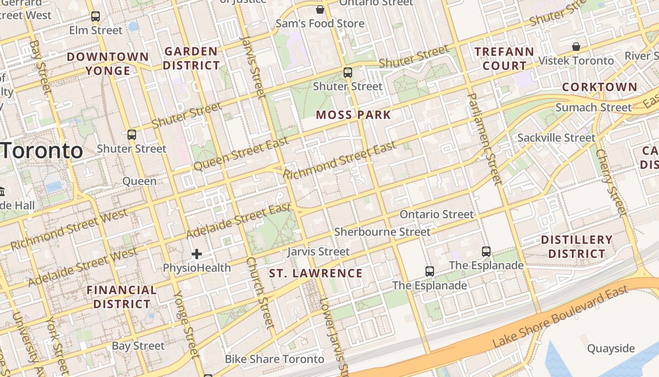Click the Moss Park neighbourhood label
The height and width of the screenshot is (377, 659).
point(354,115)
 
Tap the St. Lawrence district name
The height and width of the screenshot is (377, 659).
point(316,273)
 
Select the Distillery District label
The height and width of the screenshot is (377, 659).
point(577,246)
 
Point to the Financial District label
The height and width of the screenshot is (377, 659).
point(121,297)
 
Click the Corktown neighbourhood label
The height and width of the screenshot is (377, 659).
point(600,87)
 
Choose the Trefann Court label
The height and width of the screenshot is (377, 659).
point(504,58)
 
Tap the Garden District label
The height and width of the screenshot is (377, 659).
point(192,58)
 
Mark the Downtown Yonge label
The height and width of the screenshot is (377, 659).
point(108,64)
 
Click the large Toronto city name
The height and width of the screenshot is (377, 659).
point(41,151)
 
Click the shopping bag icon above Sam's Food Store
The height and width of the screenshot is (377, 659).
point(320,9)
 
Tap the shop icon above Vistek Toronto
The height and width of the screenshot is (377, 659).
point(576,47)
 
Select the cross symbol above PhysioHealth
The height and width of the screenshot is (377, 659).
point(197,254)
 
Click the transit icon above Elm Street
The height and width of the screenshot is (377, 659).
point(96,16)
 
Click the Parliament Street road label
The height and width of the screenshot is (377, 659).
point(484,138)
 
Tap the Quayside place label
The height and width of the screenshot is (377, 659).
point(611,349)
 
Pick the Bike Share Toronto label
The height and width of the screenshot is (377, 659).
point(274,359)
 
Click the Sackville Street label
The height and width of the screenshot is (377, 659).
point(556,138)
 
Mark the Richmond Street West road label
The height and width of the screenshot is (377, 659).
point(69,230)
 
